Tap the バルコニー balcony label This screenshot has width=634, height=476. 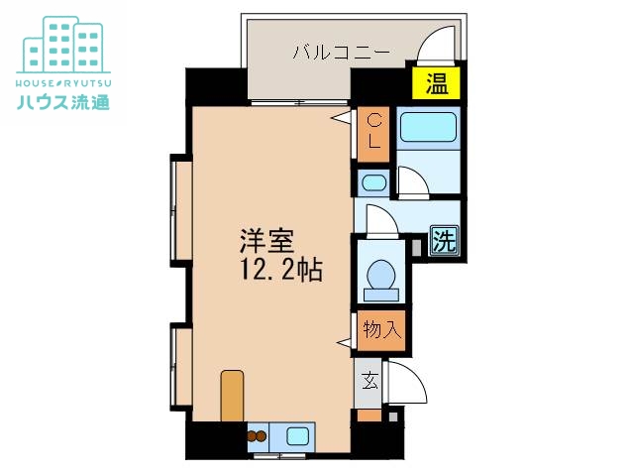(341, 53)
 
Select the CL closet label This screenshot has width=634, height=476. (374, 132)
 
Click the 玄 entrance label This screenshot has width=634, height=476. (369, 379)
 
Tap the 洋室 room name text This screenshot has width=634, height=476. (264, 242)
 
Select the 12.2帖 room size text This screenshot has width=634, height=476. (279, 270)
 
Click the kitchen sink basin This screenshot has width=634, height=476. (298, 433)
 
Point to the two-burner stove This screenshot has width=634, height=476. (258, 433)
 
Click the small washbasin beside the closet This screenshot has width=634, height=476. (373, 181)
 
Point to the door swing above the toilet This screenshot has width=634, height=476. (381, 217)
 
